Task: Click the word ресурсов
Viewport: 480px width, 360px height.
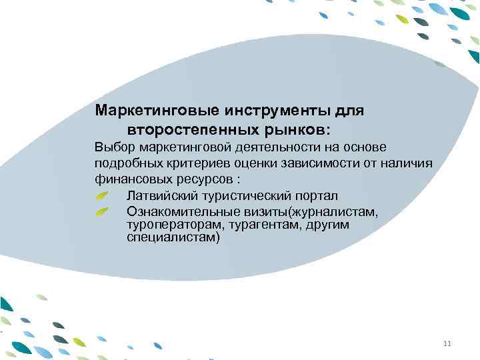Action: [x=203, y=179]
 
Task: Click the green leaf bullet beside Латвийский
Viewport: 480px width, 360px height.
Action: [x=101, y=196]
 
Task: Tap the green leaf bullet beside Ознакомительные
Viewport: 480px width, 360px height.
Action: [x=101, y=212]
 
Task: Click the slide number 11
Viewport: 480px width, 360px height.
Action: [x=447, y=343]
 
